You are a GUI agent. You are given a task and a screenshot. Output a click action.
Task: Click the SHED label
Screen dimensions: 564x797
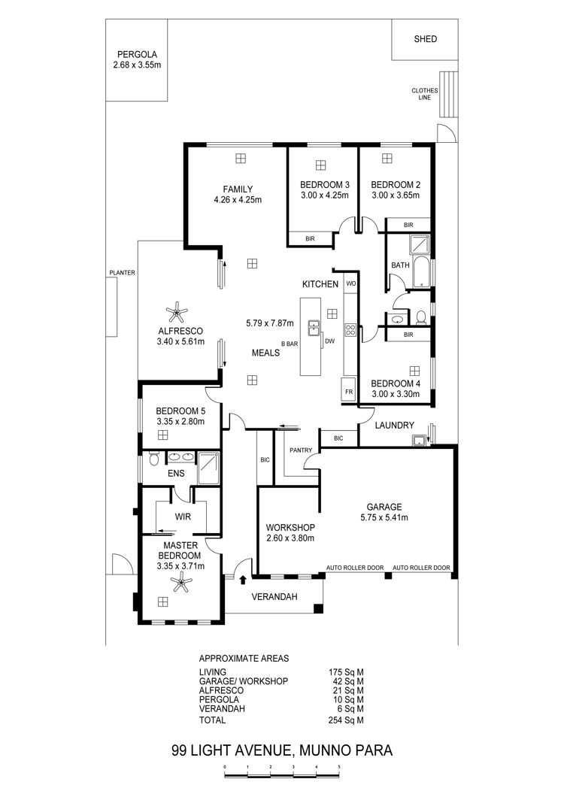(x=425, y=38)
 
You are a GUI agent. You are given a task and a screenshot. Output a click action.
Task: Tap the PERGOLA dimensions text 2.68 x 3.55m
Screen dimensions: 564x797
(x=137, y=65)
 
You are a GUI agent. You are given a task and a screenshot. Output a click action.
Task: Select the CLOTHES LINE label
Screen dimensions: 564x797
(x=425, y=94)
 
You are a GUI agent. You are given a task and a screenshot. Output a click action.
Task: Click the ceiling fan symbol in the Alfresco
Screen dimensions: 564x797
(x=177, y=311)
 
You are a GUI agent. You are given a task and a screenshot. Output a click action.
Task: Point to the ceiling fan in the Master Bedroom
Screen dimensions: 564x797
(x=181, y=582)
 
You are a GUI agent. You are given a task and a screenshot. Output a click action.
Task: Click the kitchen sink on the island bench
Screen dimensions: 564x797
(x=314, y=328)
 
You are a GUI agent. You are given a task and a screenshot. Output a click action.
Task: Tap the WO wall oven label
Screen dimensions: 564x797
(x=351, y=283)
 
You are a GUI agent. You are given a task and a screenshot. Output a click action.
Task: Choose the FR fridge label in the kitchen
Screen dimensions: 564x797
(x=349, y=392)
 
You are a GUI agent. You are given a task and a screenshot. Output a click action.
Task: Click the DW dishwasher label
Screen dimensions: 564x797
(x=330, y=341)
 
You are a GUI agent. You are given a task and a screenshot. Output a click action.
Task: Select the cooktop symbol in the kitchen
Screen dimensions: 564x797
(x=350, y=330)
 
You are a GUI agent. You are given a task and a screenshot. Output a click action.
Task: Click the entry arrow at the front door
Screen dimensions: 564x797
(x=243, y=579)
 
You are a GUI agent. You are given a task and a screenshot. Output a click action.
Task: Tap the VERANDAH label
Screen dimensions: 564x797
(x=274, y=597)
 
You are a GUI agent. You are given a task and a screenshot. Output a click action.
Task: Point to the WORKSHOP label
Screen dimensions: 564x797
(x=290, y=528)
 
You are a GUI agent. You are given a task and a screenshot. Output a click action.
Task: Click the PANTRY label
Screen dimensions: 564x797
(x=301, y=450)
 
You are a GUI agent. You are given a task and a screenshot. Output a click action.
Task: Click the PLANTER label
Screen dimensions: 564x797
(x=122, y=273)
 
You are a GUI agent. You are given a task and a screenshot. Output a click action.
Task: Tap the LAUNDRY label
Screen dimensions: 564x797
(x=395, y=425)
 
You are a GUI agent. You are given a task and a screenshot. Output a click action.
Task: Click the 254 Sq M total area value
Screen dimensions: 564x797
(x=346, y=720)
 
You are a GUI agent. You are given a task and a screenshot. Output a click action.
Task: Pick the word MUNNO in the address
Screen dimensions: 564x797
(x=325, y=750)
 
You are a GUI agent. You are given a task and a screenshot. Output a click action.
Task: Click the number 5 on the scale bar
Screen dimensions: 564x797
(x=338, y=766)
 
